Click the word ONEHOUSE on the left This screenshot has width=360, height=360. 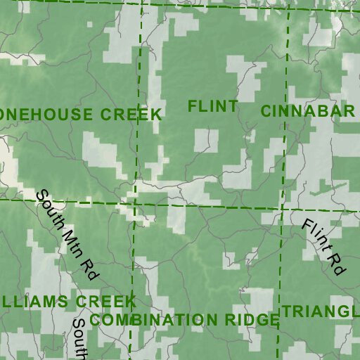[x=48, y=114]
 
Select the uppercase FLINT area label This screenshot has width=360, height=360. [x=213, y=107]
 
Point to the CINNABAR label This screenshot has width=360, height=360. [x=307, y=111]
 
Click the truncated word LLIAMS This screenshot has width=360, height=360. [x=36, y=302]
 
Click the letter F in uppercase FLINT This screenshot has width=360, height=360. [x=193, y=107]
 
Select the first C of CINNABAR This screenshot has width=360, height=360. [x=266, y=111]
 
